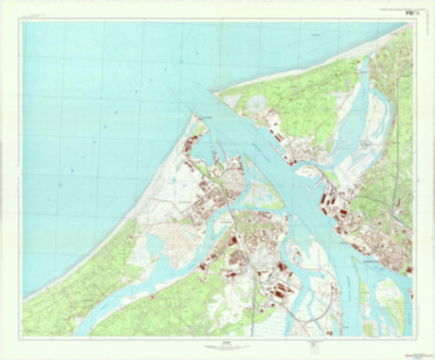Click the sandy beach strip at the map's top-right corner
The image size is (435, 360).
(x=400, y=29)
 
